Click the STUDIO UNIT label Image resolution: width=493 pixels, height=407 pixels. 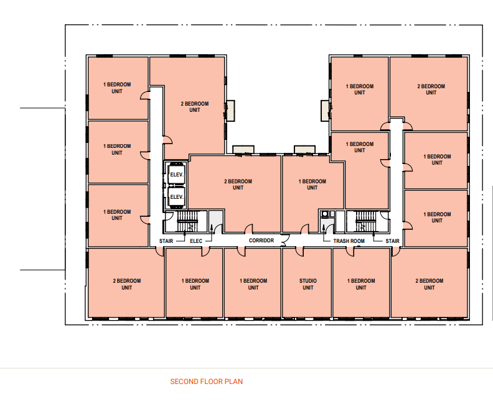pyautogui.click(x=308, y=284)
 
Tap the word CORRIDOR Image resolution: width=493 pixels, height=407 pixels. pyautogui.click(x=261, y=240)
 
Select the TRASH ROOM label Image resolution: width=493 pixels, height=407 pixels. pyautogui.click(x=349, y=241)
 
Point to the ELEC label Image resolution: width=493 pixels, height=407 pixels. pyautogui.click(x=196, y=241)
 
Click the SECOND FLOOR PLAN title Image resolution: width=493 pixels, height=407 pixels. pyautogui.click(x=206, y=382)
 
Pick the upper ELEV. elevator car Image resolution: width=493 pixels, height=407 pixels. pyautogui.click(x=176, y=174)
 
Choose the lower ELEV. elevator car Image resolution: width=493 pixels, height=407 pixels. pyautogui.click(x=176, y=197)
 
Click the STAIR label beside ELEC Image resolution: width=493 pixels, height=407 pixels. pyautogui.click(x=166, y=241)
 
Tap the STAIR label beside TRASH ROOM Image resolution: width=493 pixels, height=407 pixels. pyautogui.click(x=392, y=241)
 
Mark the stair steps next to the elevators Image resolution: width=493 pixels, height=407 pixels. pyautogui.click(x=188, y=221)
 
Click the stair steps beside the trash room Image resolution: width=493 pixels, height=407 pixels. pyautogui.click(x=365, y=221)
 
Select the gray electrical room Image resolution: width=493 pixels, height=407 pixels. pyautogui.click(x=215, y=222)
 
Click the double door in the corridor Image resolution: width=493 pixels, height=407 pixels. pyautogui.click(x=284, y=240)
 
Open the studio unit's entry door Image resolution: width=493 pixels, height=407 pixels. pyautogui.click(x=300, y=252)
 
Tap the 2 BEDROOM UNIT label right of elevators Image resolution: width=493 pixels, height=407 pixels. pyautogui.click(x=238, y=185)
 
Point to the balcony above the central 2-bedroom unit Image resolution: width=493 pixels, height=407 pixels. pyautogui.click(x=243, y=149)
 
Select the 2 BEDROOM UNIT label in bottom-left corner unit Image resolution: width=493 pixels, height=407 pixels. pyautogui.click(x=127, y=284)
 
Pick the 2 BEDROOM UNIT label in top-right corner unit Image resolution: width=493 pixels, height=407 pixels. pyautogui.click(x=431, y=89)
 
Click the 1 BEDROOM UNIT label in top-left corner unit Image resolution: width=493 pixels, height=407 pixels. pyautogui.click(x=117, y=88)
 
